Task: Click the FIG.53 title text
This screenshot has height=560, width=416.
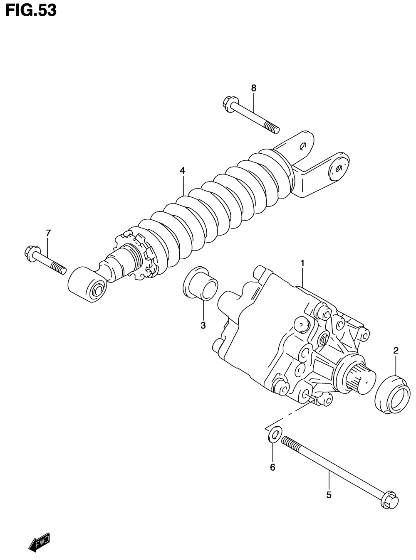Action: (31, 10)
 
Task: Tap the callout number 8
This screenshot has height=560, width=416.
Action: (253, 88)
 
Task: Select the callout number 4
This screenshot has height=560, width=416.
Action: (182, 170)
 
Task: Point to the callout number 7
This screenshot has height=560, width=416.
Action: (48, 233)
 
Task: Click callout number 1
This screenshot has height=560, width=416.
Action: (302, 263)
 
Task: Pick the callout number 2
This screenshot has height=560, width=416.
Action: (396, 350)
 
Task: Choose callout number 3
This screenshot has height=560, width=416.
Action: (203, 326)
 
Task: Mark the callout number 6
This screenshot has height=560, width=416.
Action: (272, 467)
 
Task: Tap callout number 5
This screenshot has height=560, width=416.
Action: (329, 495)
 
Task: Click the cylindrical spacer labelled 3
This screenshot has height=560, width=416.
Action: (201, 285)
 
